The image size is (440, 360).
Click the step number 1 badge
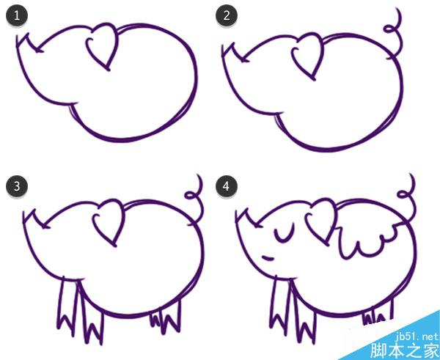coord(17,15)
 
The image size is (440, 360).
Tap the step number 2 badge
coord(227,15)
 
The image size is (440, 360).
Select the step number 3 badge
coord(17,186)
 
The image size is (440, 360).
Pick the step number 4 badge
coord(227,186)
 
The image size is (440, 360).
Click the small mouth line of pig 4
coord(268,257)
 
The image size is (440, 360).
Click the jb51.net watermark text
coord(417,336)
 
